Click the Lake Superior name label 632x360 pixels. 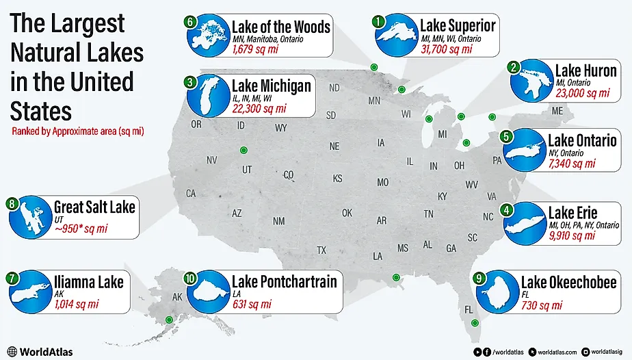[x=457, y=27]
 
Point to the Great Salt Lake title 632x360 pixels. [x=94, y=205]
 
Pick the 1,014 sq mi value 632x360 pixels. [x=76, y=303]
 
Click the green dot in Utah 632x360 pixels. [x=242, y=151]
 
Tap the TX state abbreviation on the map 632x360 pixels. [x=321, y=250]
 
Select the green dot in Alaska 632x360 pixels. [x=169, y=320]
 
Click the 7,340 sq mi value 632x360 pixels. [x=572, y=164]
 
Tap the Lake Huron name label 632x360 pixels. [x=585, y=70]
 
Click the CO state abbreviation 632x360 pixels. [x=288, y=175]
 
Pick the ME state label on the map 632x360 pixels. [x=557, y=111]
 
